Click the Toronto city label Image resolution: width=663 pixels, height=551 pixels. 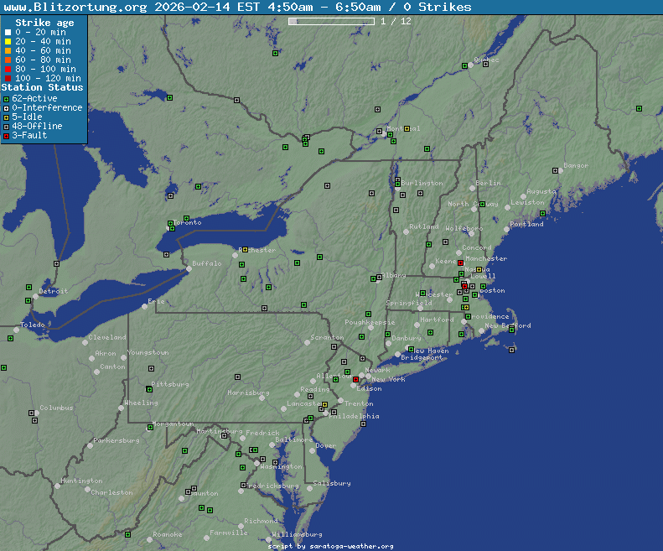188,223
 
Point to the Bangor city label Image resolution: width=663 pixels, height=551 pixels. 576,166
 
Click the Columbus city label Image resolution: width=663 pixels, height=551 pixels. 56,408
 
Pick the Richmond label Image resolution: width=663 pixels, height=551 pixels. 261,521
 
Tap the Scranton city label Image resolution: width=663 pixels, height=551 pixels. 327,338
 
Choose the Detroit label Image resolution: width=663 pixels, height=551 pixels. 53,292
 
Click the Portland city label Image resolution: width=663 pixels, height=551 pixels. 526,225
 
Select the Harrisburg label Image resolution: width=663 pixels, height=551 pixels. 248,392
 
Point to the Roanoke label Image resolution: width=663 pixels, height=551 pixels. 168,534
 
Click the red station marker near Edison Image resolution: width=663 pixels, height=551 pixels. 355,380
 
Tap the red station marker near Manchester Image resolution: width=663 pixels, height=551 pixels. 460,263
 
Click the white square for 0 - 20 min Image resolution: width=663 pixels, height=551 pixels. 8,33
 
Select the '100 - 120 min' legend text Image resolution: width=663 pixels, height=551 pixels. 47,78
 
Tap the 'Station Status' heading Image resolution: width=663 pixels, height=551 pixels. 43,87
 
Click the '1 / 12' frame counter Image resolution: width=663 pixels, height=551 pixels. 396,21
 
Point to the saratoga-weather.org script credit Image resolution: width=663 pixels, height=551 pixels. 330,546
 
